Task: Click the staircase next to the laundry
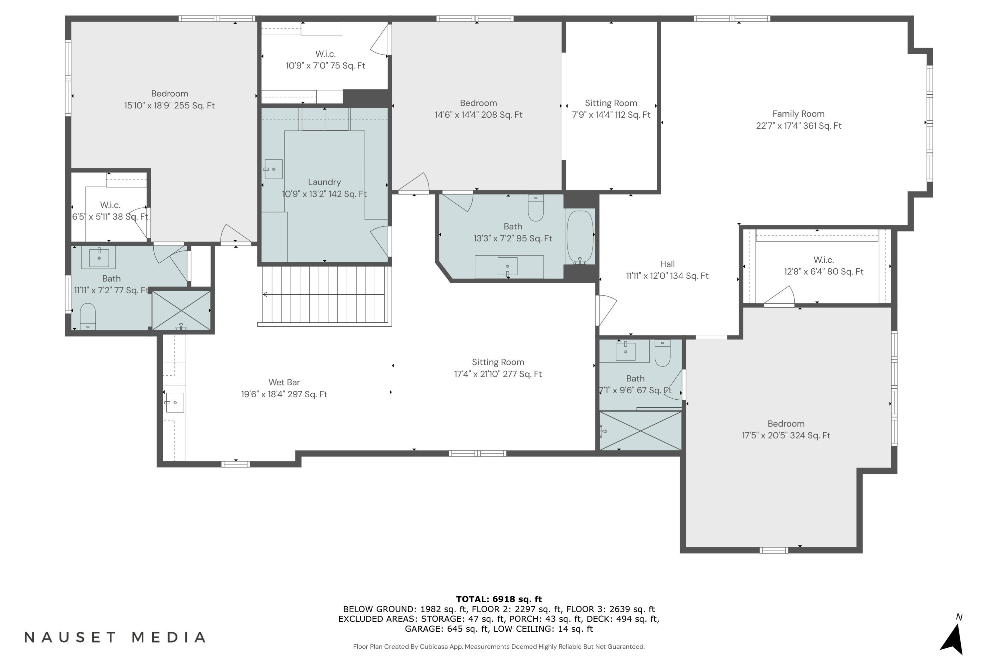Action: (325, 295)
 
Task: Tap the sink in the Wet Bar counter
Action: (174, 402)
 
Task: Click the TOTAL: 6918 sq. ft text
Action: (499, 599)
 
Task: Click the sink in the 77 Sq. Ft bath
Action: (99, 257)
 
